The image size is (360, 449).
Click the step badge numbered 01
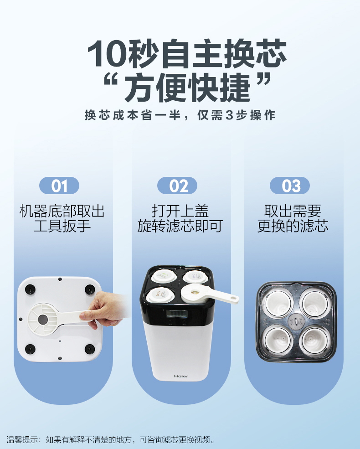point(59,186)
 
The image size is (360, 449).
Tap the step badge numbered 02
point(177,186)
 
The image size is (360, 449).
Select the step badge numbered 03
point(290,186)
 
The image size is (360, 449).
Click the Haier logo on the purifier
point(181,376)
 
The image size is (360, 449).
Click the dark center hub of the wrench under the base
point(43,319)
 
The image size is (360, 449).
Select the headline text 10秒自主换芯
point(187,53)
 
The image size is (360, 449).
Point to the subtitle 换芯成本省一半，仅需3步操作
point(180,115)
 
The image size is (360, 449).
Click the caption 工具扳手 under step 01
point(62,226)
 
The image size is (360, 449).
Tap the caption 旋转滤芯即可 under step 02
point(180,226)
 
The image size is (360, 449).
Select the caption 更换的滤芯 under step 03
point(293,226)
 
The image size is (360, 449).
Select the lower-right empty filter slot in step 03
point(314,340)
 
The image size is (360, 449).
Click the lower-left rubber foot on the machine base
point(30,349)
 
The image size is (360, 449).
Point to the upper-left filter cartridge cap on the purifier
point(164,276)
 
